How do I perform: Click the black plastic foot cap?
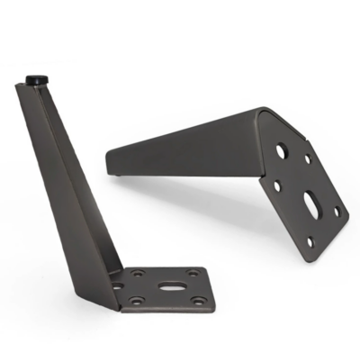pos(37,79)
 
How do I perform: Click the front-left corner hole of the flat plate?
pos(137,302)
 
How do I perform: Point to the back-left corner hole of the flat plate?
pos(138,274)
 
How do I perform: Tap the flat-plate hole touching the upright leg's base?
pos(117,287)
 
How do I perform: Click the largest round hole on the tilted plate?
pos(280,151)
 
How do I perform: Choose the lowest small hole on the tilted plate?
pos(309,241)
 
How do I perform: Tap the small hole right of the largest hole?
pos(308,159)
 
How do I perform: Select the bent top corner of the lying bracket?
pos(261,110)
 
